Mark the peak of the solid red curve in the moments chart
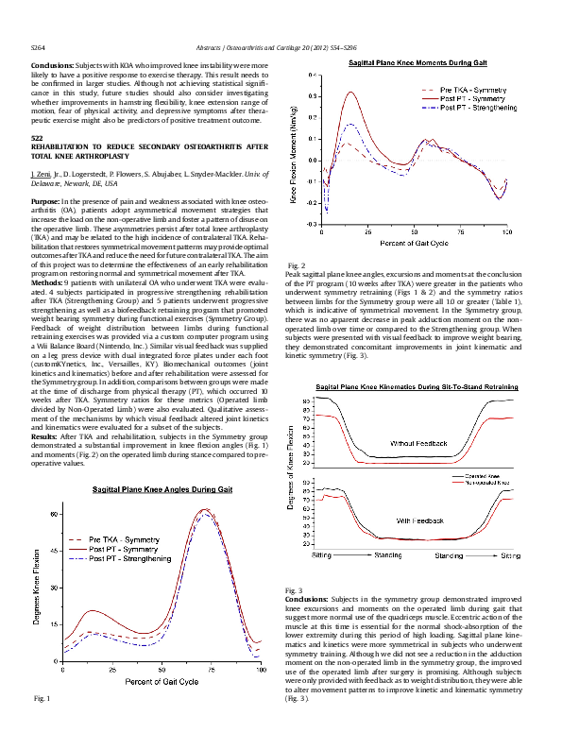351,93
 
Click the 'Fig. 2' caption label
295,264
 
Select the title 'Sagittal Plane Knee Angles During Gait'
162,491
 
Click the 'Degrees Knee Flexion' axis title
36,586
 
